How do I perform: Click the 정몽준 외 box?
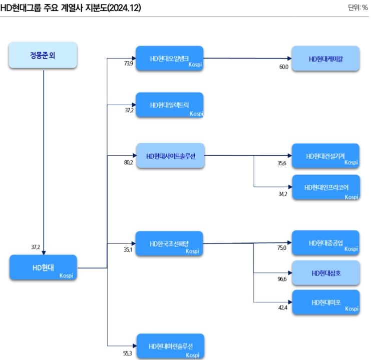(x=43, y=55)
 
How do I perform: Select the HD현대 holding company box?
(x=43, y=267)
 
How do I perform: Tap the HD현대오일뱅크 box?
(x=170, y=59)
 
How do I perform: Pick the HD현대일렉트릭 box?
(x=170, y=105)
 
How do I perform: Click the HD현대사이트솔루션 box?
(x=170, y=155)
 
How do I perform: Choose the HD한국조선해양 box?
(x=170, y=243)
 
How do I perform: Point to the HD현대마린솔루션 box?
(x=170, y=346)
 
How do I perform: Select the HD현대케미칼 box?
(x=325, y=59)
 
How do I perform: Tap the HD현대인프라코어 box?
(x=325, y=187)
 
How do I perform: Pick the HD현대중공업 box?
(x=325, y=243)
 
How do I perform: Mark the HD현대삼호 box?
(x=325, y=272)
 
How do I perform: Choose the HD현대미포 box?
(x=325, y=302)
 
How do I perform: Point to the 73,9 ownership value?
(x=130, y=64)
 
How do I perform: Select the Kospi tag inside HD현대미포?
(x=351, y=309)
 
